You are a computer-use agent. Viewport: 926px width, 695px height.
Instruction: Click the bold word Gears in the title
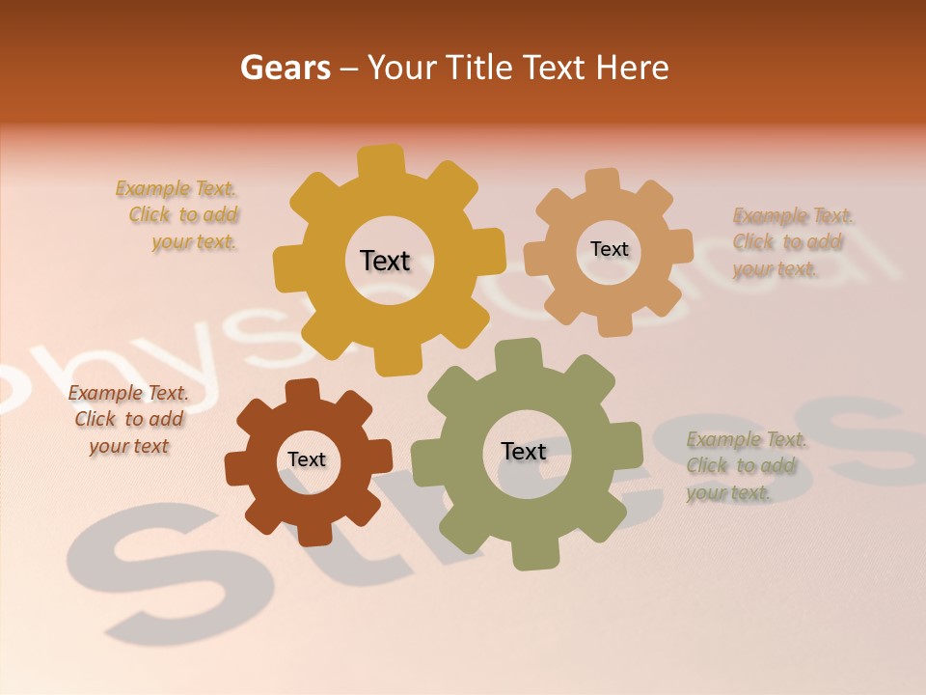click(x=285, y=68)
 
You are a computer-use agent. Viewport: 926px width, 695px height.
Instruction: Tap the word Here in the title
click(x=632, y=68)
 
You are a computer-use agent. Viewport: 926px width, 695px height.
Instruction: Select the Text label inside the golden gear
click(x=385, y=261)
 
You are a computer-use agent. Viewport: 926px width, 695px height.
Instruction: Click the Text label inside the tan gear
click(x=609, y=249)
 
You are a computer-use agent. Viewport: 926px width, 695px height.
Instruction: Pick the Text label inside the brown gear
click(x=307, y=459)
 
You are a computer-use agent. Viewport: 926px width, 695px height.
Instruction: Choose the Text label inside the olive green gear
click(x=523, y=451)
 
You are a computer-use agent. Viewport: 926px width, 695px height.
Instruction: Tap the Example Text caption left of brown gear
click(x=129, y=419)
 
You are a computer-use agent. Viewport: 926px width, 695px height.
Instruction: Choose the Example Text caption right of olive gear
click(x=747, y=466)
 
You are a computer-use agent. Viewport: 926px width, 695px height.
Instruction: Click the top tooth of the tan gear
click(x=603, y=181)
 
